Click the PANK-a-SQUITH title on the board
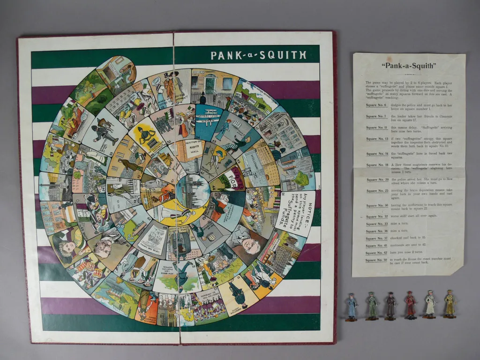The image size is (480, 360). click(x=258, y=55)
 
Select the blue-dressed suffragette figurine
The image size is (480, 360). click(x=351, y=307)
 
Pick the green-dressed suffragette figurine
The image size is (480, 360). click(x=372, y=307)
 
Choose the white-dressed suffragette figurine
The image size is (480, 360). click(x=430, y=305)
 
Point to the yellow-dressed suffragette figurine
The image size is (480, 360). click(x=450, y=305)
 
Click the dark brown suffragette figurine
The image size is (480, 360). click(x=390, y=307)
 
